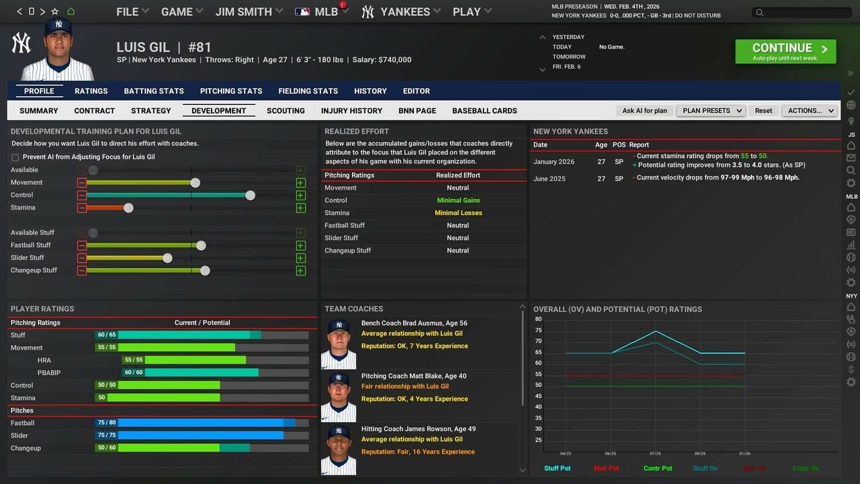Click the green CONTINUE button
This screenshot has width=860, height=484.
click(785, 51)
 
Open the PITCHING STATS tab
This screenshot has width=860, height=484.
click(231, 91)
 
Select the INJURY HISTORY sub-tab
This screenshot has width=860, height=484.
click(351, 110)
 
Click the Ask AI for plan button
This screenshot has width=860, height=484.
click(644, 110)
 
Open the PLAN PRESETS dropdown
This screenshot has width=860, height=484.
click(711, 110)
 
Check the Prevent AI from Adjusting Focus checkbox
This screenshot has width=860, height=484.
click(15, 157)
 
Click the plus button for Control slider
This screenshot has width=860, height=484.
click(300, 195)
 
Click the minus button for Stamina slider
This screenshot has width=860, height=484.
click(81, 208)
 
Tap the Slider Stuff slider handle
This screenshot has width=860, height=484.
click(167, 258)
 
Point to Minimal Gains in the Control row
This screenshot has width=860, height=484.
click(458, 200)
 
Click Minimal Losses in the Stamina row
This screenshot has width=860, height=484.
click(458, 213)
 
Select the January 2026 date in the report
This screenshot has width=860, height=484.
click(554, 162)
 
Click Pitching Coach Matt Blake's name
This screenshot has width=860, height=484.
click(413, 376)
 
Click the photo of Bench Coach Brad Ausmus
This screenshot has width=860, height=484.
click(339, 344)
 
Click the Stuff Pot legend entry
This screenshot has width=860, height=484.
click(557, 468)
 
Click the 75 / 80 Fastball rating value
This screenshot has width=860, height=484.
click(106, 423)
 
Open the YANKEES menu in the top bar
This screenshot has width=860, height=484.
click(401, 11)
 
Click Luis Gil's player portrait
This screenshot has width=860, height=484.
click(57, 50)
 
